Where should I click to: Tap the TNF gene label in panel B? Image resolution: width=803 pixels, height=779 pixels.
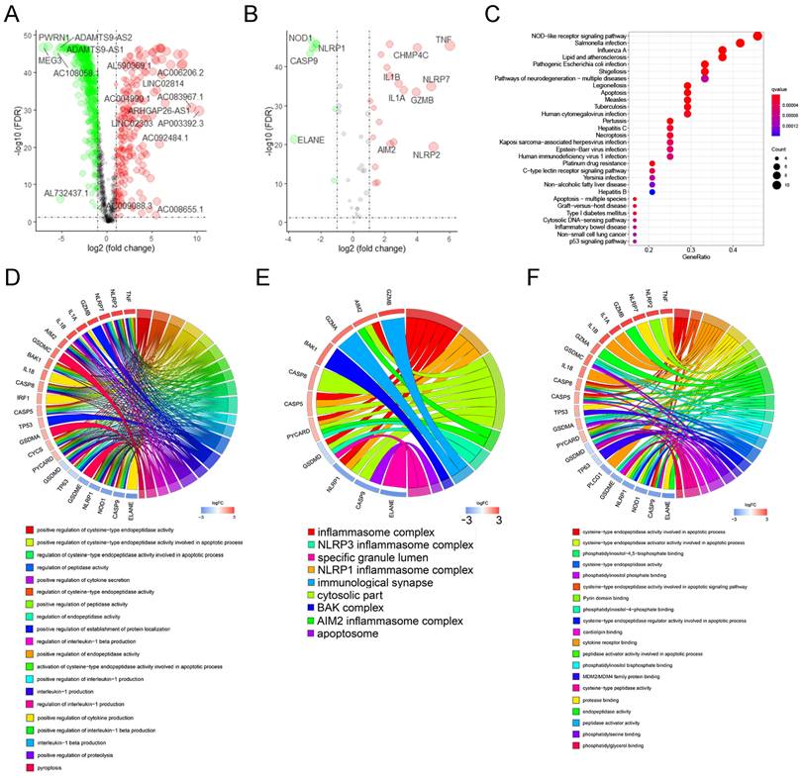(x=444, y=39)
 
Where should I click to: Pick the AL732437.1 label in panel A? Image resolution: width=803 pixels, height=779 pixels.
(x=66, y=193)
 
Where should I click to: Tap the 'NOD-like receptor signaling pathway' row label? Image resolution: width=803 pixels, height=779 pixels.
(x=577, y=37)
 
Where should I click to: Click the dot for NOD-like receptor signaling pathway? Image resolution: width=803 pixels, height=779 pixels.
(x=757, y=37)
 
